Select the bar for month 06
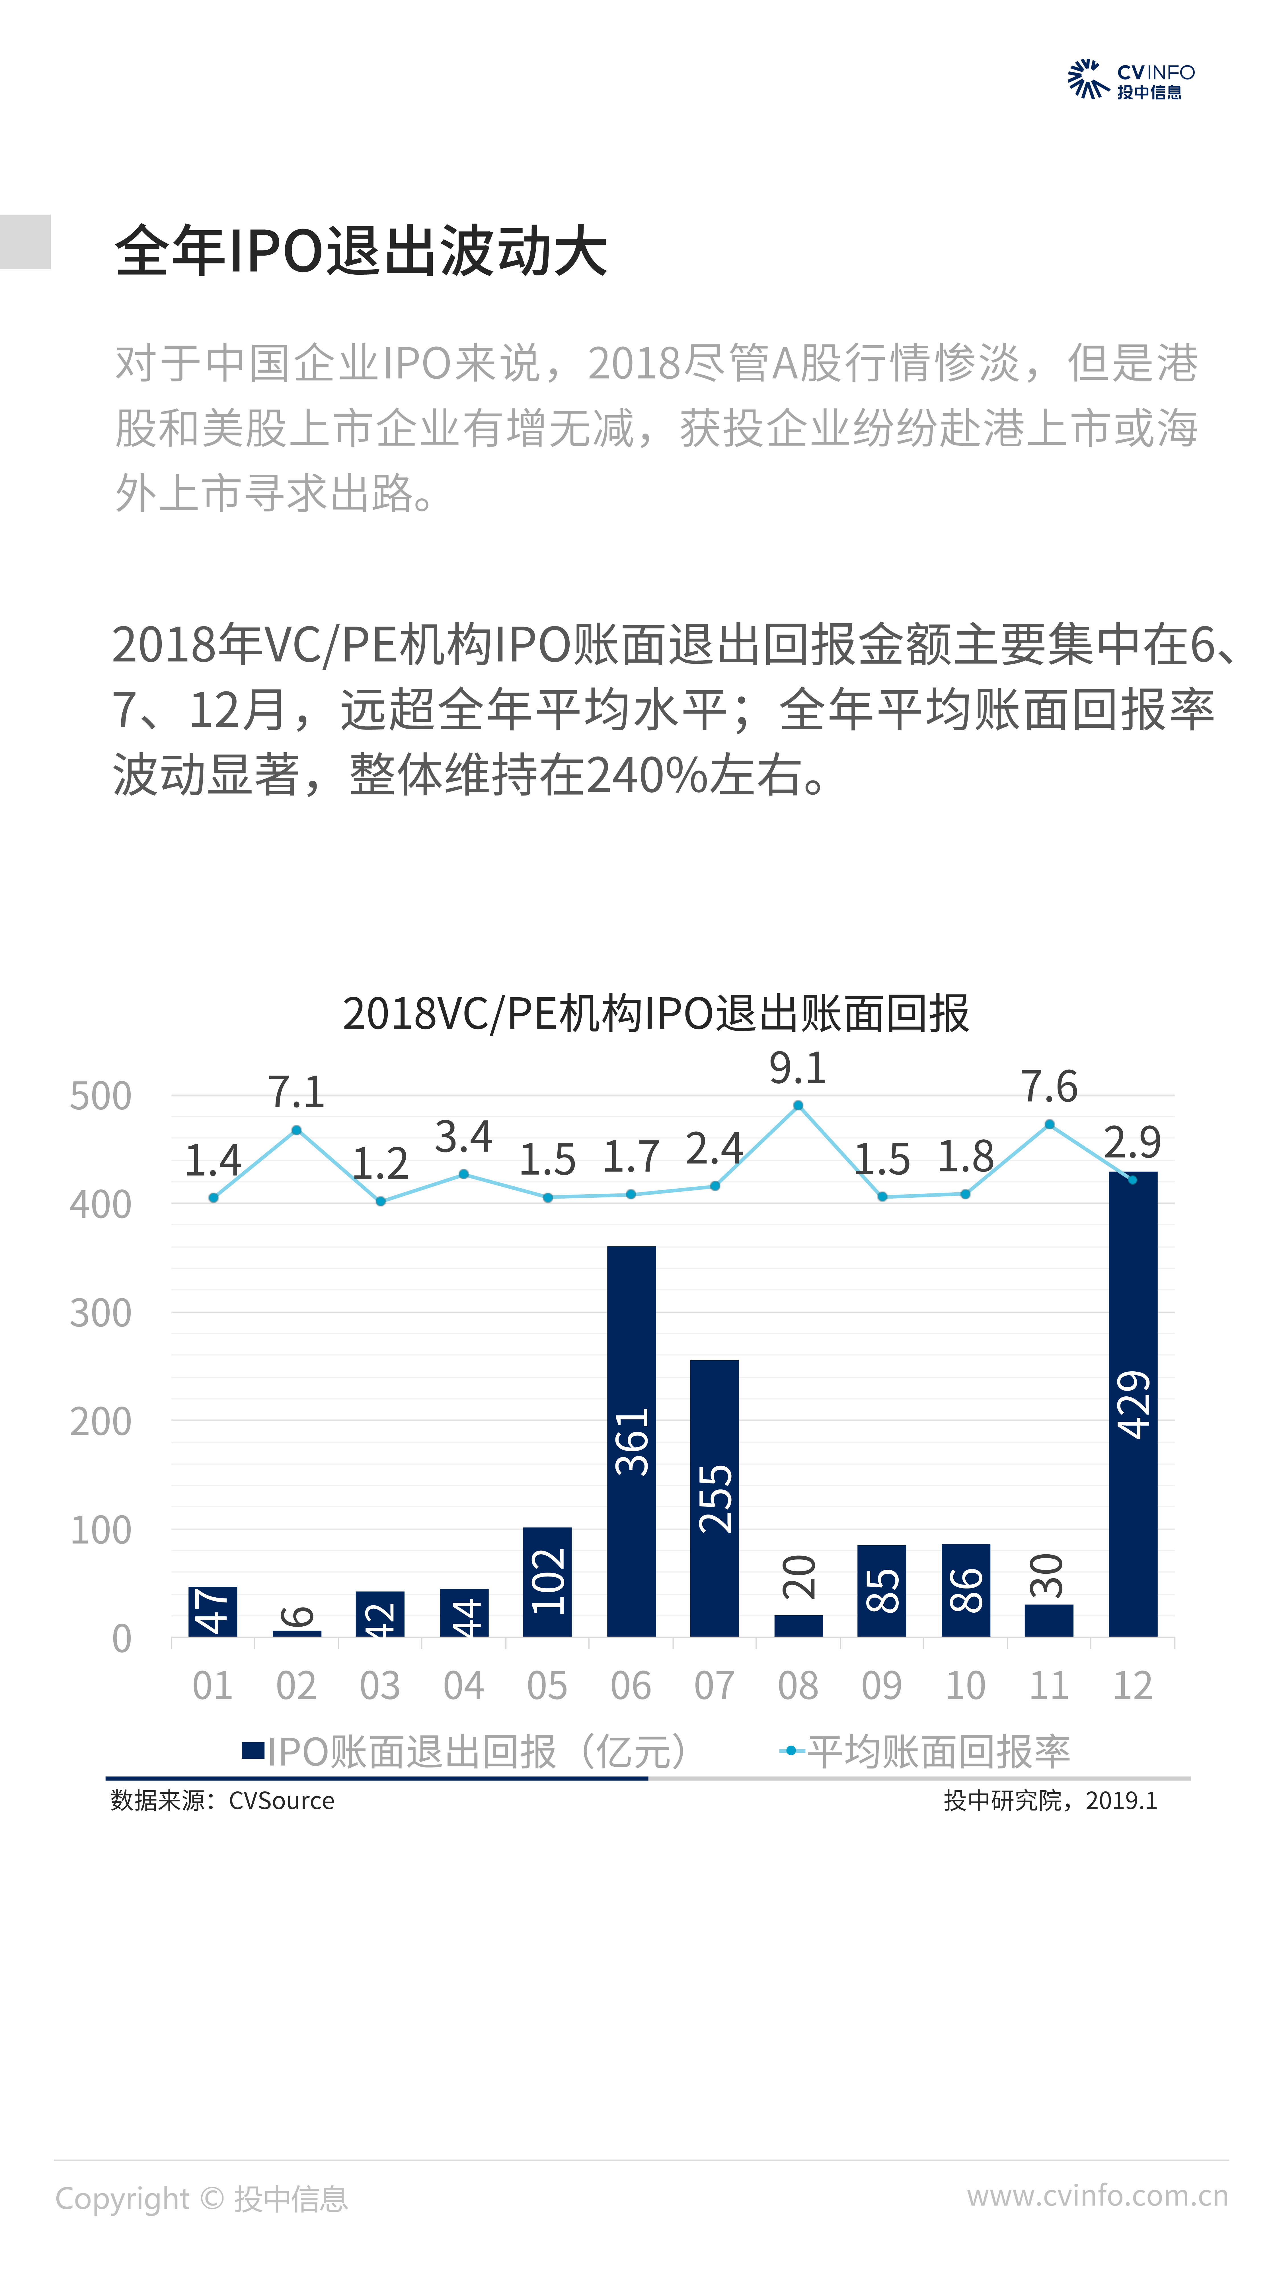click(x=631, y=1441)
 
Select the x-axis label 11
click(x=1049, y=1686)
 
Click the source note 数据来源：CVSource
click(x=223, y=1801)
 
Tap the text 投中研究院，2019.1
click(x=1050, y=1801)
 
